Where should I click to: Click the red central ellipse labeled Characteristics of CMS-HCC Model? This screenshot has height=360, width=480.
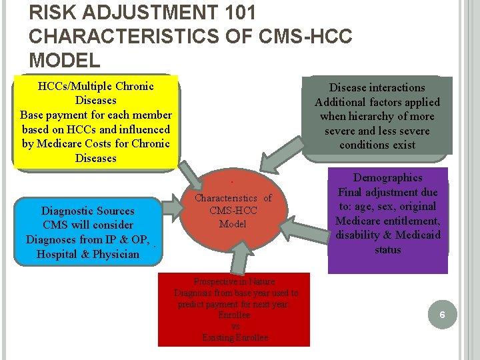233,213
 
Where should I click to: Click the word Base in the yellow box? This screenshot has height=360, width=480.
33,115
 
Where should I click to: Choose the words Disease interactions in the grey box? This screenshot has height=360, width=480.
377,87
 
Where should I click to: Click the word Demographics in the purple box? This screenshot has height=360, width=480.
387,178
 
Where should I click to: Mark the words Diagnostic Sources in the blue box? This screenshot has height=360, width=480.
87,211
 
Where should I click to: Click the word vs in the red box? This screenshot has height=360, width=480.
235,327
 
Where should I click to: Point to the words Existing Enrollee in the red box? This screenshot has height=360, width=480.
235,338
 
